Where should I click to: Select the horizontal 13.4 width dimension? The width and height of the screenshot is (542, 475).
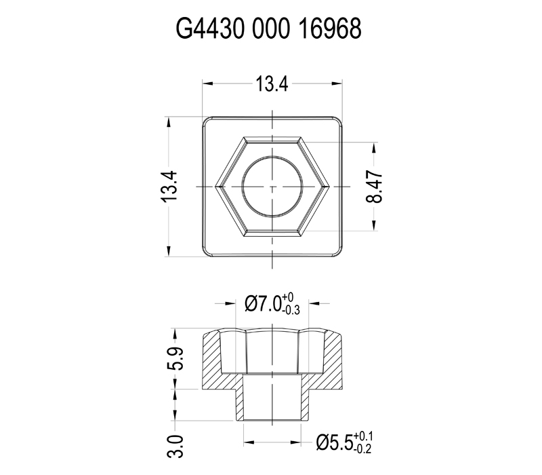[x=272, y=84]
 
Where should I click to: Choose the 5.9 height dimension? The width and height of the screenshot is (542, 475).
[x=175, y=358]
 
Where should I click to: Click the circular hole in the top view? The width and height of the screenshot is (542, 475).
[x=272, y=186]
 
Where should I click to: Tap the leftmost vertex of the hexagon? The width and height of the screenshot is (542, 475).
[x=216, y=186]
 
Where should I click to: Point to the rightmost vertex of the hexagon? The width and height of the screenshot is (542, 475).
[x=328, y=186]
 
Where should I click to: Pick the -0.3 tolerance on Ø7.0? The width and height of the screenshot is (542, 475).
[x=292, y=311]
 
